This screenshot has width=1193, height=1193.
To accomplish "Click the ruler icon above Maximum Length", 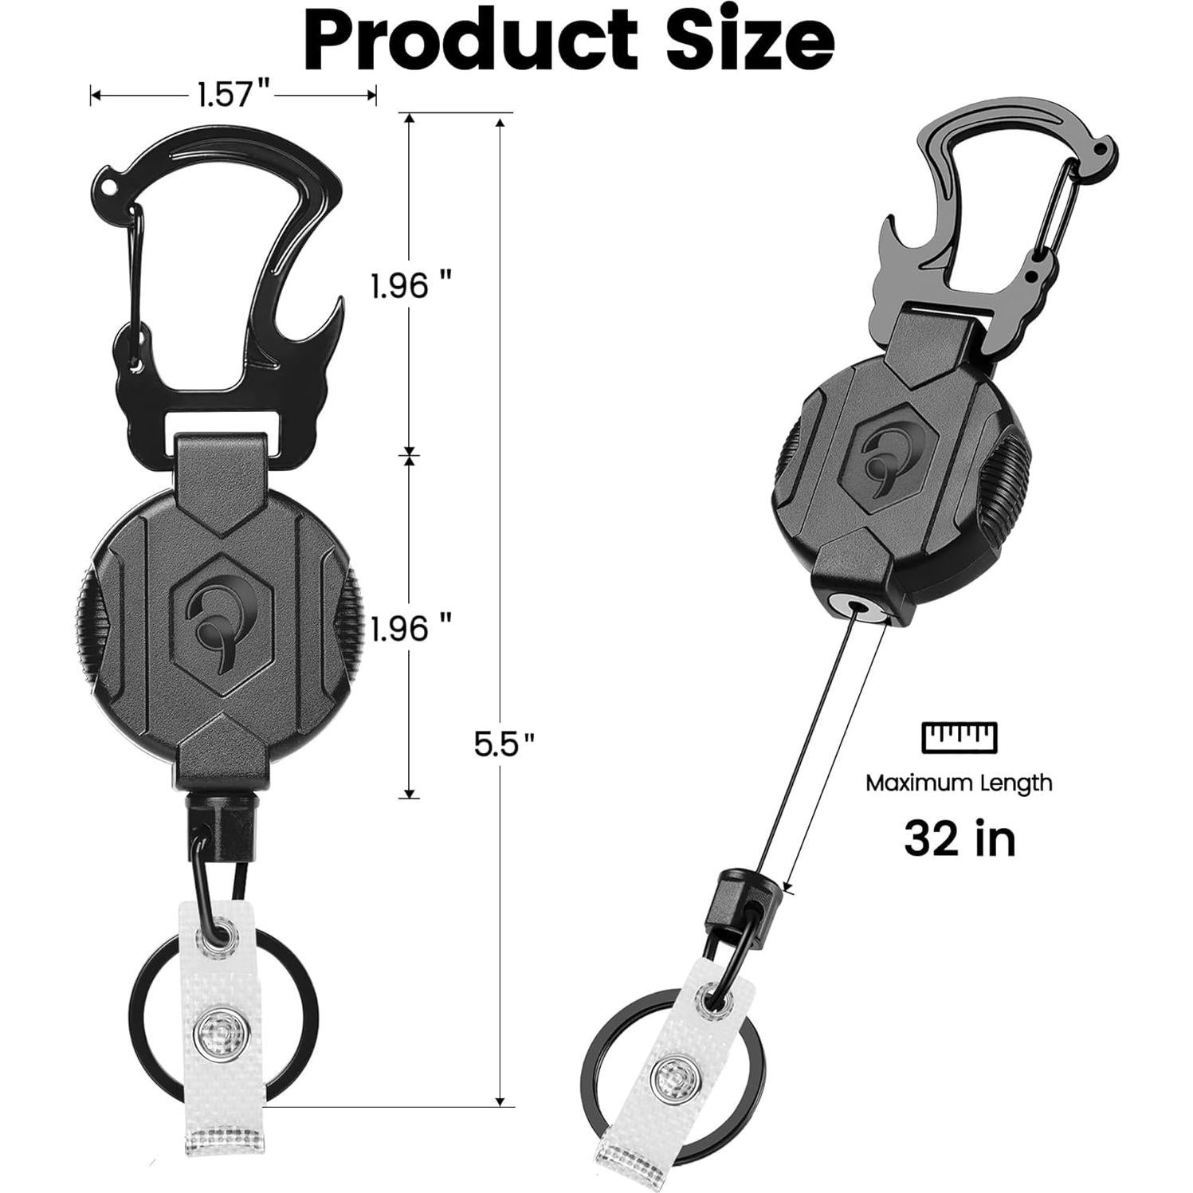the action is pyautogui.click(x=960, y=736).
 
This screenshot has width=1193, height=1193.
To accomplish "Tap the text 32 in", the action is pyautogui.click(x=960, y=838).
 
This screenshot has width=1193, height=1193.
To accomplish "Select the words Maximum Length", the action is pyautogui.click(x=960, y=783).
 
